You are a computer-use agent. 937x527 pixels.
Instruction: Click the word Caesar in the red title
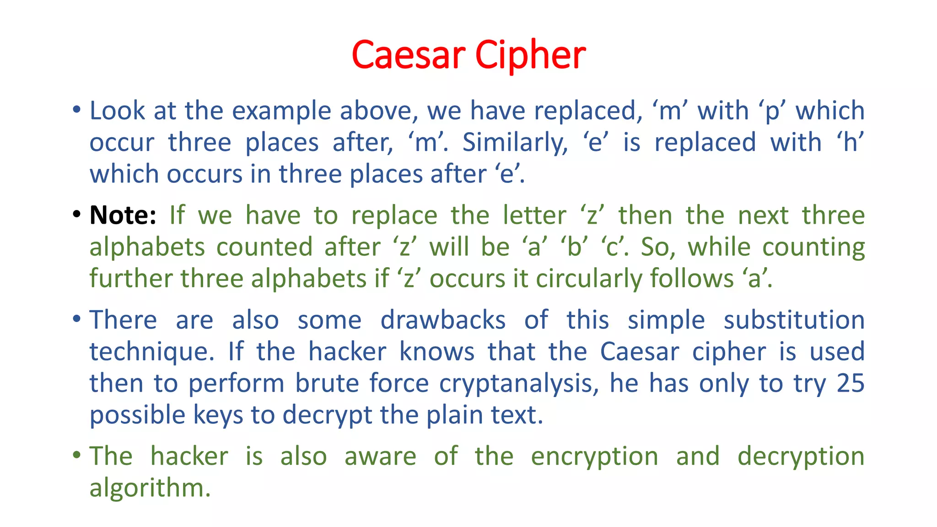point(409,55)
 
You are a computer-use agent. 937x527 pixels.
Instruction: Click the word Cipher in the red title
point(530,55)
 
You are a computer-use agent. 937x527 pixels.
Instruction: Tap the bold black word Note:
point(123,215)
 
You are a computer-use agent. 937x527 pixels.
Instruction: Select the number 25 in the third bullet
point(850,383)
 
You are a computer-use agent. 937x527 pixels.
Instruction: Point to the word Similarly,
point(515,142)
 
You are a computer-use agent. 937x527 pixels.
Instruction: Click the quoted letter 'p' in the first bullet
point(772,112)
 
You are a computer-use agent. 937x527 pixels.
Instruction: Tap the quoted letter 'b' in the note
point(574,247)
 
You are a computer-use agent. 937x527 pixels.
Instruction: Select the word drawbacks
point(443,320)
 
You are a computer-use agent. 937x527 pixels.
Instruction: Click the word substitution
point(794,320)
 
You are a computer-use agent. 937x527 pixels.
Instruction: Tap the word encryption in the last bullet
point(594,457)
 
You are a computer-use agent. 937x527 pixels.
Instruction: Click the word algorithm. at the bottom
point(150,488)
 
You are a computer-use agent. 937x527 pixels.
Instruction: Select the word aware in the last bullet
point(380,457)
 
